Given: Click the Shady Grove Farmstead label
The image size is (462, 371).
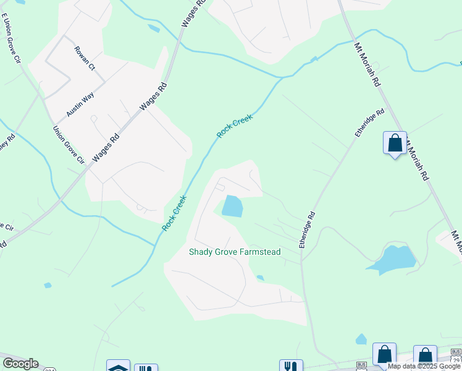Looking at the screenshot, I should tap(235, 252).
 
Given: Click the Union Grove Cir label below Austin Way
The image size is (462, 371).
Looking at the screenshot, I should tap(68, 145).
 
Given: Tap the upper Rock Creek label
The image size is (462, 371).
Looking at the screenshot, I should tap(235, 126).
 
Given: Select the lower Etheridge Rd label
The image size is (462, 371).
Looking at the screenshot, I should tap(307, 230).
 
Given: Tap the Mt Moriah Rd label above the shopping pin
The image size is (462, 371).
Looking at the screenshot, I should tap(367, 64).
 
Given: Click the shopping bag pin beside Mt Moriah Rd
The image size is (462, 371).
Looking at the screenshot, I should tap(395, 143).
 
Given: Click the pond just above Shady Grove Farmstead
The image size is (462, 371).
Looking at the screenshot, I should tap(232, 206).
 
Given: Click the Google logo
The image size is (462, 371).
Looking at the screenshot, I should tap(20, 364).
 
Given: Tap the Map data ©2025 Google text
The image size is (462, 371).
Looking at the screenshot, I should tap(424, 366).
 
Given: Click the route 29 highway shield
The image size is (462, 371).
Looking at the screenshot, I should tap(456, 360).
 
